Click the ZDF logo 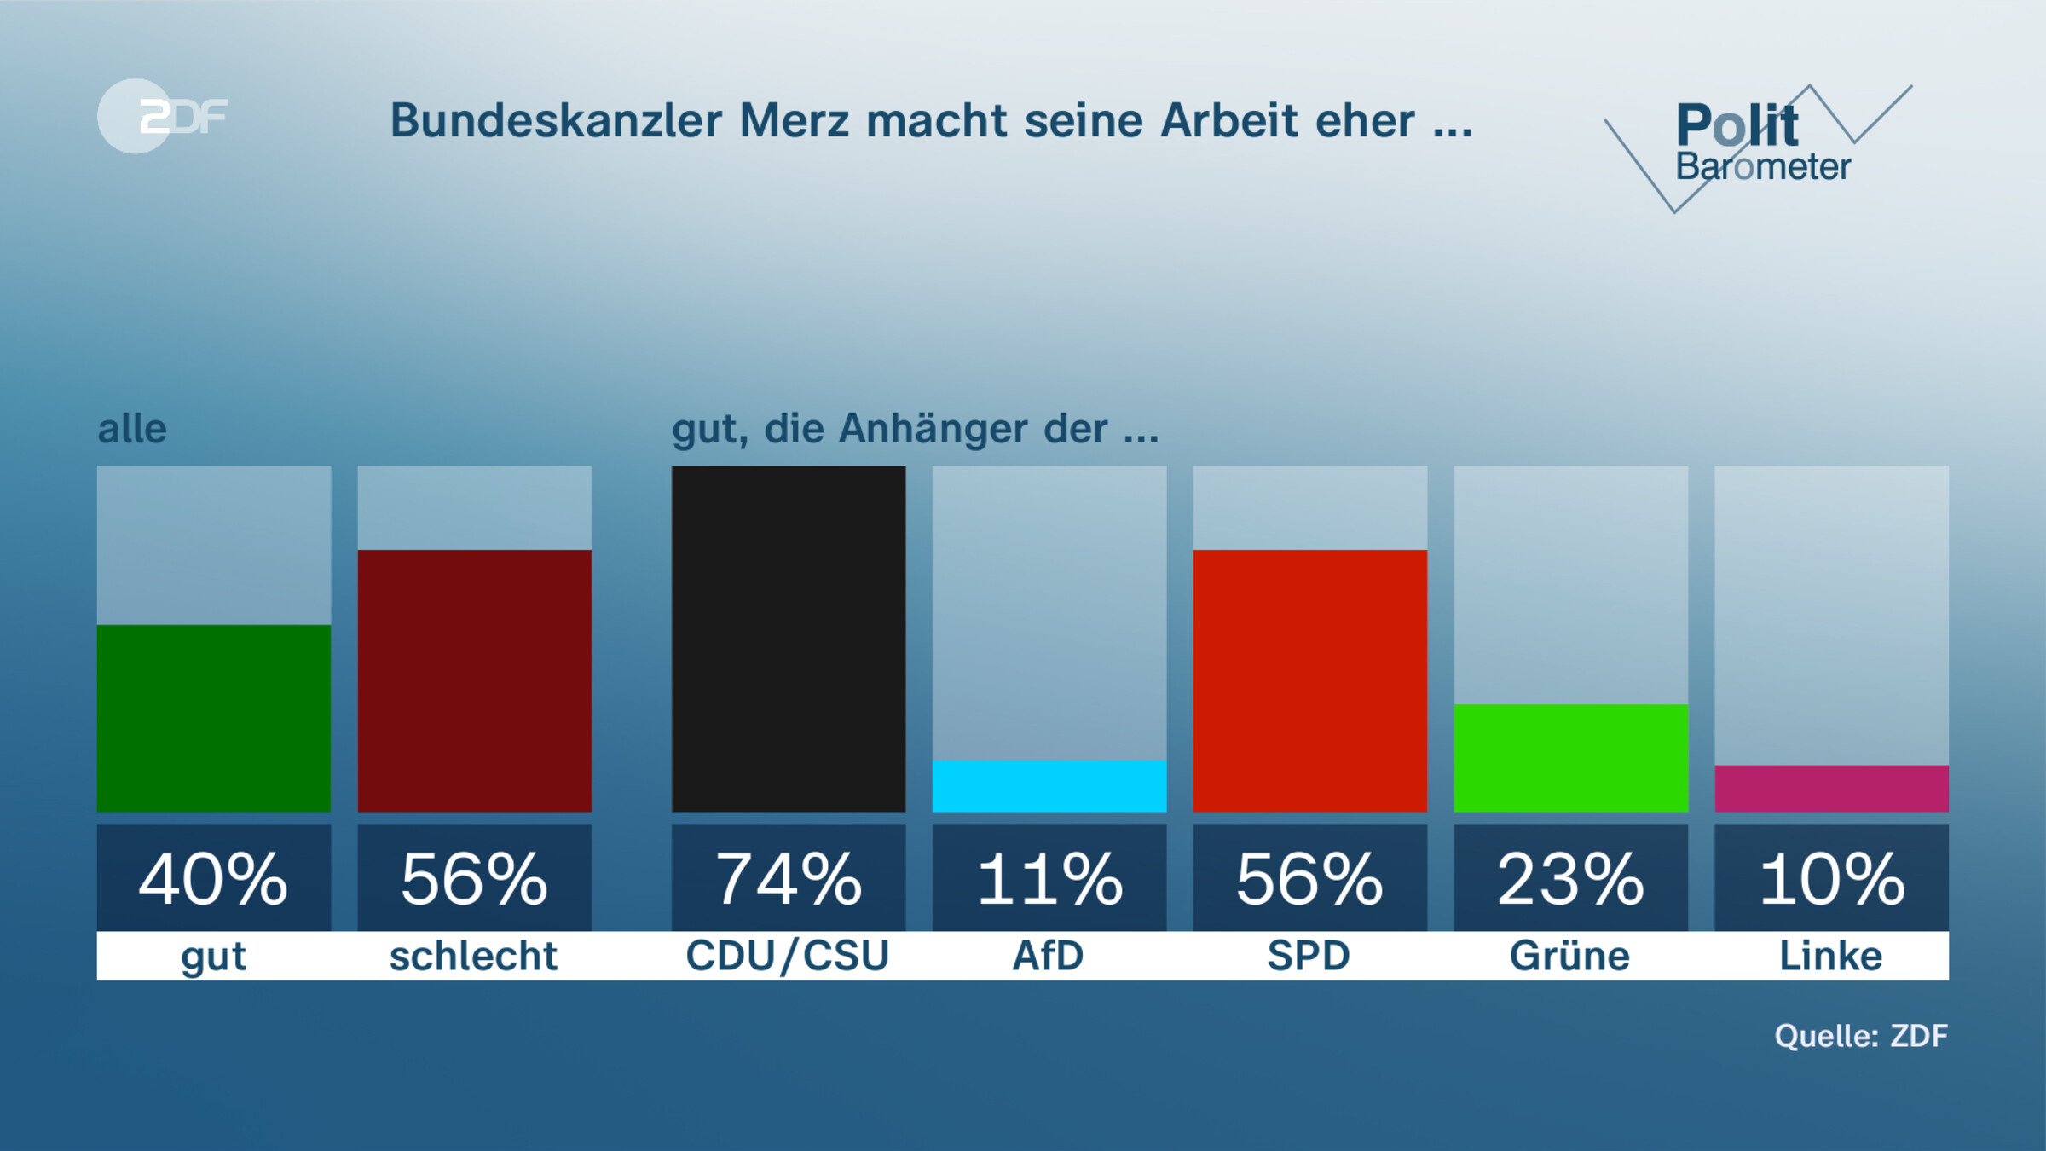162,116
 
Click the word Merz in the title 794,120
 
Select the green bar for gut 213,718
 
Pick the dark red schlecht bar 474,680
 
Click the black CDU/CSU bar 789,638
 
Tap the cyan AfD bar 1049,785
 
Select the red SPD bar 1309,680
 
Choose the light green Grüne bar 1570,757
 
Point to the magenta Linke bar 1831,788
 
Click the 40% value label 213,878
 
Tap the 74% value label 789,878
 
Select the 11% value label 1049,878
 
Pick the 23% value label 1570,878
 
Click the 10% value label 1831,878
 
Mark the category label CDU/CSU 788,956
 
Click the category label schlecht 473,956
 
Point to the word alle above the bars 132,428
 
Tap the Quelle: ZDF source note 1861,1036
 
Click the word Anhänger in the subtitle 933,428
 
